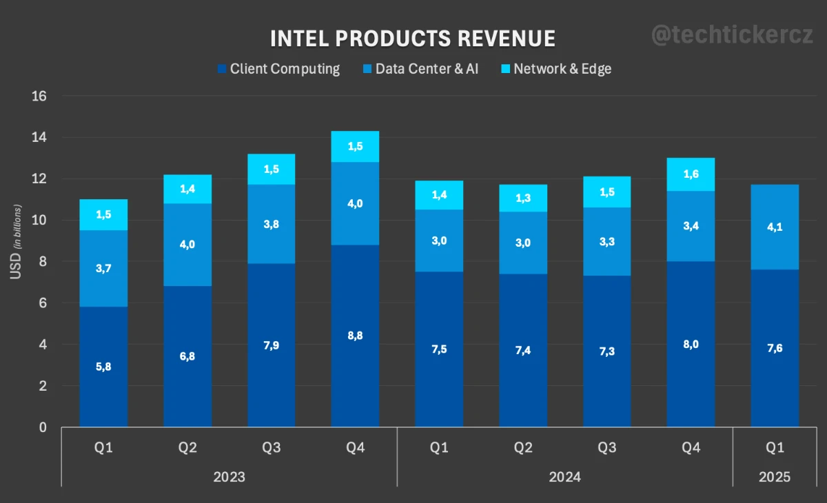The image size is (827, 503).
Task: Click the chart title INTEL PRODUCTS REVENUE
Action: [412, 39]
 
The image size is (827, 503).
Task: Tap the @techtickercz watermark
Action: [733, 36]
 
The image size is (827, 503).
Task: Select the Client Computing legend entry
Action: [278, 69]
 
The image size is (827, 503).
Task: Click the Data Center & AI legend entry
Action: [420, 69]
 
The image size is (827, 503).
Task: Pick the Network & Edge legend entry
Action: [555, 69]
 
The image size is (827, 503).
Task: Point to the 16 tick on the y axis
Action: [39, 96]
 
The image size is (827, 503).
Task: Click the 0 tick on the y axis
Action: [43, 428]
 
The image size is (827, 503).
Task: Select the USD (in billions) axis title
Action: [15, 241]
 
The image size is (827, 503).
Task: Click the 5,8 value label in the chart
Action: [103, 367]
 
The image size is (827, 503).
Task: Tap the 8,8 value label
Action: [355, 336]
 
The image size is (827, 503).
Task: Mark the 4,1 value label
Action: [775, 227]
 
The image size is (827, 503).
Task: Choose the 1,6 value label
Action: [691, 174]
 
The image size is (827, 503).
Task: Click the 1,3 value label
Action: [523, 198]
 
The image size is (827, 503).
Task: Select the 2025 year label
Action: [775, 477]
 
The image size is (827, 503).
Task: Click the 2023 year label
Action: [229, 477]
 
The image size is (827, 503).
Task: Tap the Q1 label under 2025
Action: [775, 448]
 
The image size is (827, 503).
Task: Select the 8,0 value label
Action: [691, 345]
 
